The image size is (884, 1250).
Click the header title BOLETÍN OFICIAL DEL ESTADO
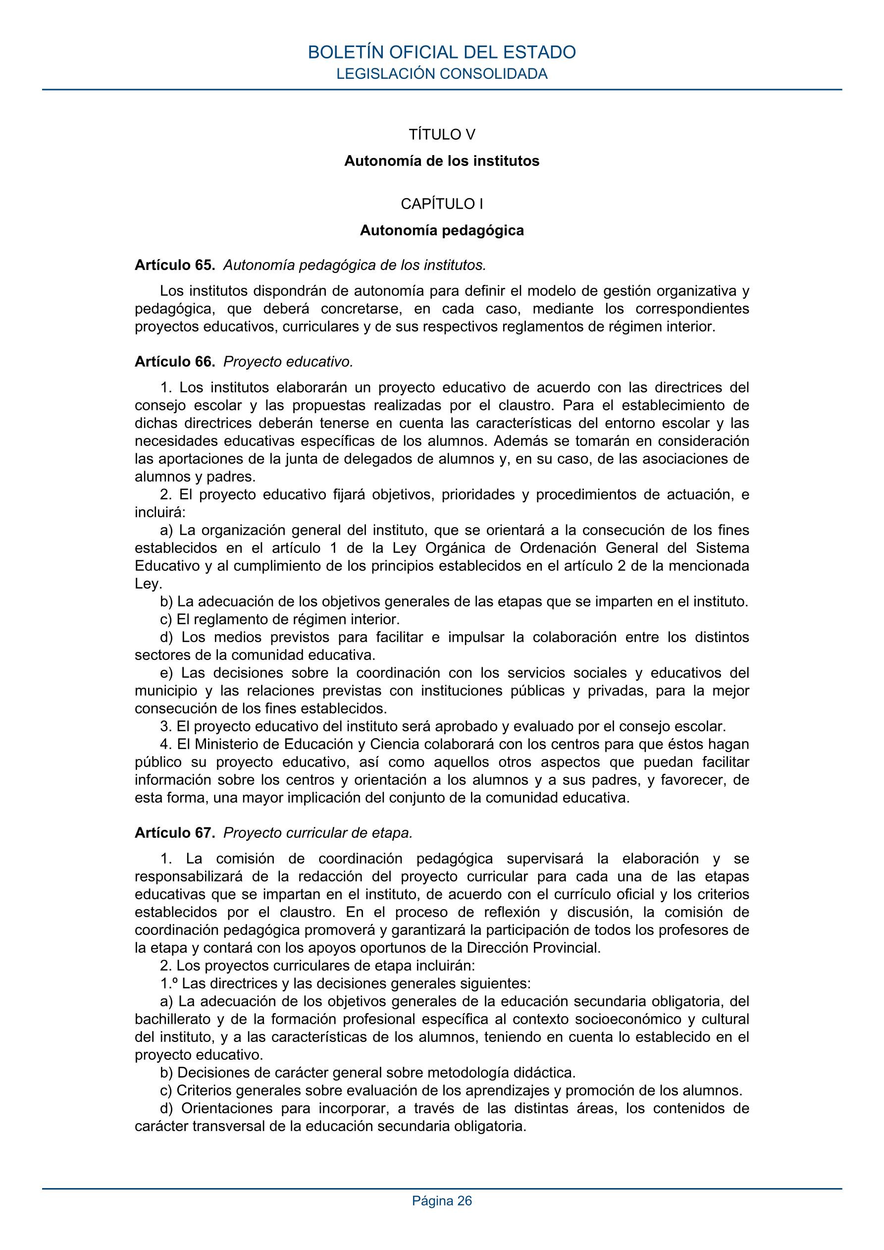[x=441, y=52]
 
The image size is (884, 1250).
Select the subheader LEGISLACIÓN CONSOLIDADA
[x=441, y=74]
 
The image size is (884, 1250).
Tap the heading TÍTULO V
[x=441, y=134]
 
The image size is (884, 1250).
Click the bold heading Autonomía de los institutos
[x=441, y=161]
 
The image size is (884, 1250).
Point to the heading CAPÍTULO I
[x=441, y=204]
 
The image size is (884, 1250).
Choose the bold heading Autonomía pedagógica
[x=441, y=230]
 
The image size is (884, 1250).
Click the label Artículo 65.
[x=175, y=265]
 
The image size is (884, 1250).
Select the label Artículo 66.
[x=175, y=362]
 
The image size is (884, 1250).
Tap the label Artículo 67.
[x=175, y=833]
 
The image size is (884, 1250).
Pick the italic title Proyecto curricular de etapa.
[x=318, y=833]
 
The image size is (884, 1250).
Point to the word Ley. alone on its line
[x=148, y=584]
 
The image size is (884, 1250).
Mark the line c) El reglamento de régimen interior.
[x=280, y=620]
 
